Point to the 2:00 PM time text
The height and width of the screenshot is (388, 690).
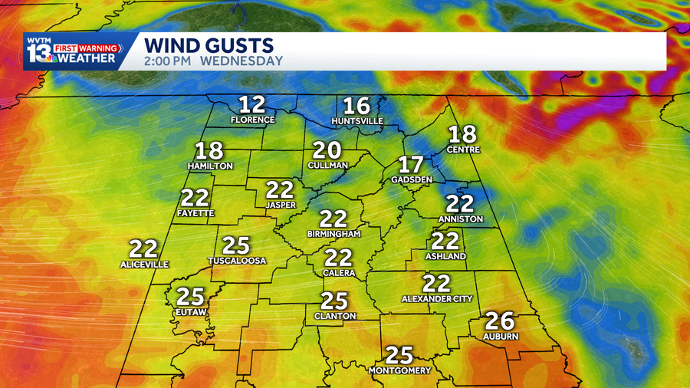[x=171, y=61]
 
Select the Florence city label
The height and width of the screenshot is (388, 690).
[x=252, y=120]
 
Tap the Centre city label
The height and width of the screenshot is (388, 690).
[x=463, y=150]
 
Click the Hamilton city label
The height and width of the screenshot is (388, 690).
[x=210, y=166]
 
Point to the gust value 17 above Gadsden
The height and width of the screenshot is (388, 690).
[x=411, y=164]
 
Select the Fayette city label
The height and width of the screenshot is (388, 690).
[x=195, y=213]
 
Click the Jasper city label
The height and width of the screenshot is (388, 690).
[x=280, y=206]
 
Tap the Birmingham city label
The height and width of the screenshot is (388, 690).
[x=333, y=234]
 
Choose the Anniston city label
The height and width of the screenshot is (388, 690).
[x=461, y=219]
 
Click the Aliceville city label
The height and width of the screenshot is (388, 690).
[x=144, y=265]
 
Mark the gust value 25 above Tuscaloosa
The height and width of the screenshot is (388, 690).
[x=236, y=245]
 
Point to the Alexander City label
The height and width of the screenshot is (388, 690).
[x=437, y=298]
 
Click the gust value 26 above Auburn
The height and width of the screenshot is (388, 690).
[x=501, y=321]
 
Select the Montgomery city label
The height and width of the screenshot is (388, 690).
[x=399, y=370]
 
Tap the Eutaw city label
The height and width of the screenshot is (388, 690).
[x=192, y=311]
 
